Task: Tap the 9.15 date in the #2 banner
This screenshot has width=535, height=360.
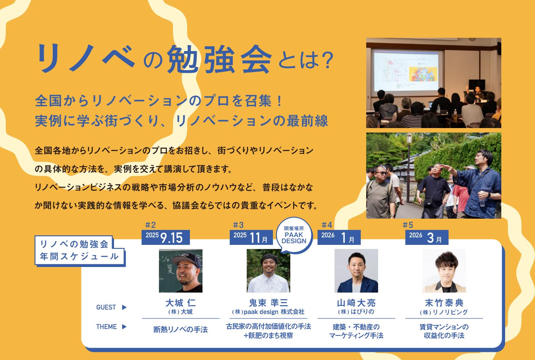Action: pyautogui.click(x=172, y=238)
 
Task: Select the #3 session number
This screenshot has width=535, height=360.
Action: pyautogui.click(x=238, y=225)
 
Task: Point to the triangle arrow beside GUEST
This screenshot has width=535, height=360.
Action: pyautogui.click(x=124, y=307)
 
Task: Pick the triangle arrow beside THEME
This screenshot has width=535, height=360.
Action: pyautogui.click(x=124, y=327)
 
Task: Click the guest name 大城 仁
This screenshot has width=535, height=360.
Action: pyautogui.click(x=181, y=303)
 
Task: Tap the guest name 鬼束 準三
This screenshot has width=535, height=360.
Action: pyautogui.click(x=269, y=303)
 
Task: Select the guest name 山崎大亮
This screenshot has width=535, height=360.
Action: pyautogui.click(x=356, y=303)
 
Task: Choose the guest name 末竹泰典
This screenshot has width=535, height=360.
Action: pyautogui.click(x=444, y=303)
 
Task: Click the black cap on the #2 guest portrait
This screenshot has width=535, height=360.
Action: pyautogui.click(x=187, y=260)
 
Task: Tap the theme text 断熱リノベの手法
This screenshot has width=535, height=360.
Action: pyautogui.click(x=181, y=330)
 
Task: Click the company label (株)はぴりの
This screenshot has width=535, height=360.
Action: pyautogui.click(x=356, y=312)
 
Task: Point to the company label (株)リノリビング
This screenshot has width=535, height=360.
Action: pyautogui.click(x=444, y=312)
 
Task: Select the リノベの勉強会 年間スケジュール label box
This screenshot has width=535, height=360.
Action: pyautogui.click(x=80, y=250)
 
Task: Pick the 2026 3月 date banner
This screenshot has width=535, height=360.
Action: pyautogui.click(x=427, y=237)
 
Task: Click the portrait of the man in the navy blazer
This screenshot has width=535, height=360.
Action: pyautogui.click(x=356, y=271)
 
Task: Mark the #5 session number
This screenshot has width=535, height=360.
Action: pyautogui.click(x=408, y=225)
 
